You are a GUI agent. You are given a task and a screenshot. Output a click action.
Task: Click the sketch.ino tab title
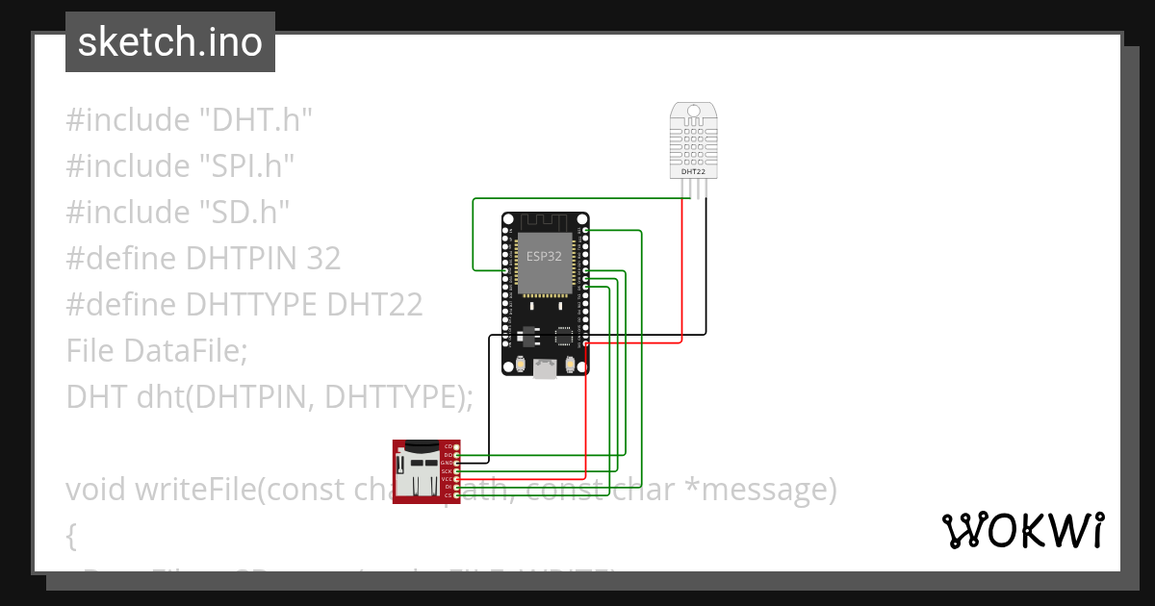pos(170,42)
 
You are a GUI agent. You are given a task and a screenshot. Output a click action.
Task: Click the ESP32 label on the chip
pos(544,256)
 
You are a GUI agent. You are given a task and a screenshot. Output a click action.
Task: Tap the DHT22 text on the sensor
pos(692,171)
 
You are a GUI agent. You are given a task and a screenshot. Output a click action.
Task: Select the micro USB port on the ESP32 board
pos(546,367)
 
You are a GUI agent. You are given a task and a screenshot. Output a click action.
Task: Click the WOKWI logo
pos(1022,530)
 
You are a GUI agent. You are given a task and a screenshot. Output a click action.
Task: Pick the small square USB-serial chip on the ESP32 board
pos(563,337)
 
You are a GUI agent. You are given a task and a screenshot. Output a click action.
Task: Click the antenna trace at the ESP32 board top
pos(545,223)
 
